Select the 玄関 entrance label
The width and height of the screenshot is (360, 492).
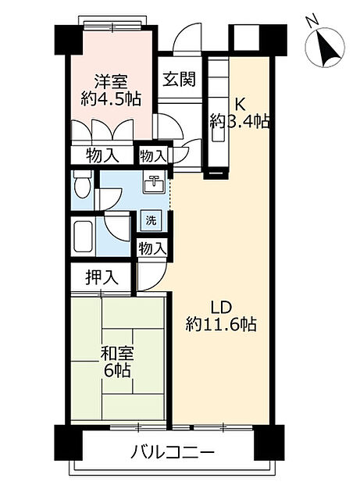point(178,79)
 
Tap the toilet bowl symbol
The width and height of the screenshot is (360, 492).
point(80,185)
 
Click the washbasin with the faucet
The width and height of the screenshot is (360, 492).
point(154,186)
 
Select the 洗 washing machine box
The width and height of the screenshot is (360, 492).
point(152,220)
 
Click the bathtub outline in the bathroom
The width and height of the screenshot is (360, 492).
point(83,235)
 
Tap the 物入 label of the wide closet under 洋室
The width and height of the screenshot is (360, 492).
point(102,155)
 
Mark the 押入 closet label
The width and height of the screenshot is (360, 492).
point(102,278)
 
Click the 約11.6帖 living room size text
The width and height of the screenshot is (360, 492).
point(222,323)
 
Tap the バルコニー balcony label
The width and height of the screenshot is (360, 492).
point(168,453)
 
